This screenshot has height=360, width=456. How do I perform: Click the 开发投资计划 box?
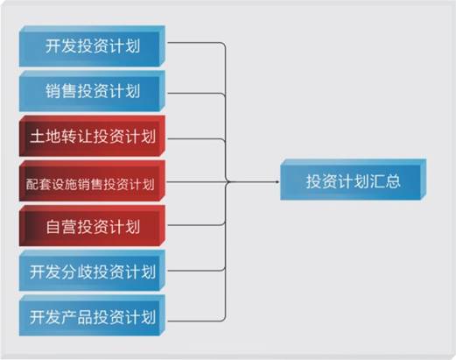point(92,46)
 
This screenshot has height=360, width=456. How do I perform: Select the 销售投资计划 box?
point(92,91)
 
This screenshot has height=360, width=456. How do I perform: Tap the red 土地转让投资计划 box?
point(92,136)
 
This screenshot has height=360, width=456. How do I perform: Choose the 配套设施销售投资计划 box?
point(92,181)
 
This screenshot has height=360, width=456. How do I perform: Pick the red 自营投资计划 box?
point(92,226)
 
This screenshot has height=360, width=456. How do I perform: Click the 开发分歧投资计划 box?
point(92,271)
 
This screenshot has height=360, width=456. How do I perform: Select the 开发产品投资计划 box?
point(92,316)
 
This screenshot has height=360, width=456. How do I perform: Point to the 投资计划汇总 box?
point(354,180)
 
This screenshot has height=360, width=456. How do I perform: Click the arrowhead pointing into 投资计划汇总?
point(277,182)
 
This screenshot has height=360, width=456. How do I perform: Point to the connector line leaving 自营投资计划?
point(225,204)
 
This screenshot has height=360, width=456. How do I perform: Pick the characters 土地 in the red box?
point(46,137)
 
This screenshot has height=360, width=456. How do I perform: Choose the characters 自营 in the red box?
point(61,227)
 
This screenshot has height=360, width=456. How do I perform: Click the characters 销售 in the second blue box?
point(60,91)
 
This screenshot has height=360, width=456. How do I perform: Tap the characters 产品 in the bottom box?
point(77,317)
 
